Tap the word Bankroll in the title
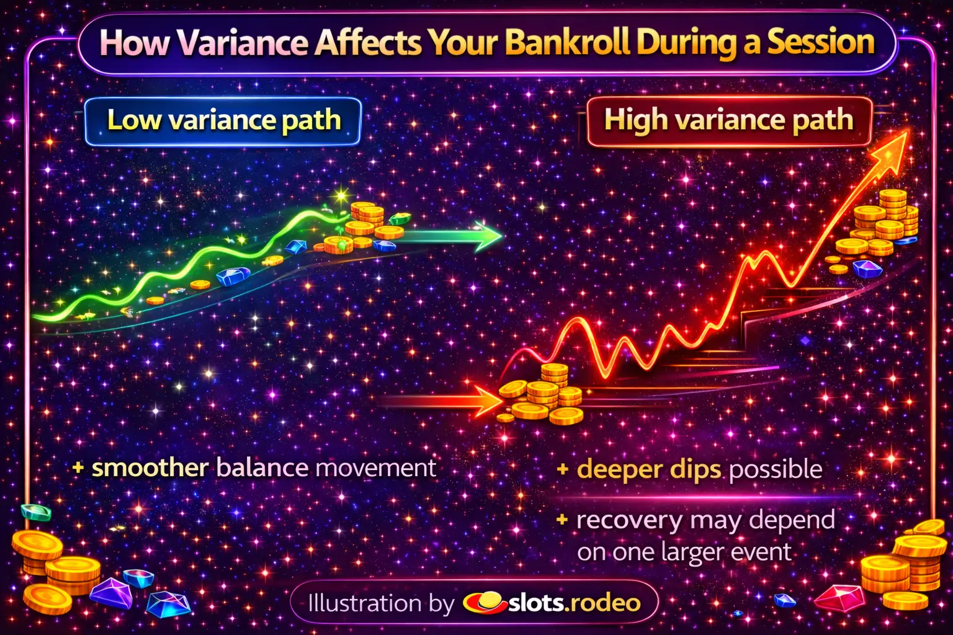[x=568, y=43]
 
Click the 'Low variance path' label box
[x=223, y=122]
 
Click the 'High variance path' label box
[x=729, y=121]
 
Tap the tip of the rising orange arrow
[x=908, y=132]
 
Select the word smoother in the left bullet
[x=150, y=468]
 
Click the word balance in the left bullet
[x=262, y=468]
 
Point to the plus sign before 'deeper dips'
[x=563, y=469]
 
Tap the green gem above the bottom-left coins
[x=36, y=512]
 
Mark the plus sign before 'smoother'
[x=78, y=468]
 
